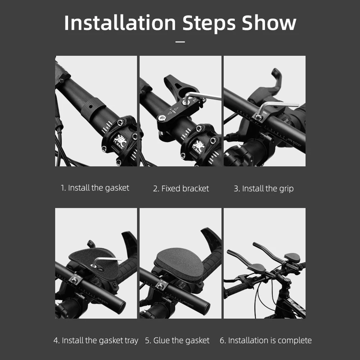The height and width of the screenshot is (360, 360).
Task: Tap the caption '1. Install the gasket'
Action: (95, 188)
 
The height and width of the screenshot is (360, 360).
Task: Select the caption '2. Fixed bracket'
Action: (181, 188)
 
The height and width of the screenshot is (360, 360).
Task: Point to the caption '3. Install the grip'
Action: (264, 188)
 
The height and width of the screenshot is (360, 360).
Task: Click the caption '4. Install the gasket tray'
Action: (96, 340)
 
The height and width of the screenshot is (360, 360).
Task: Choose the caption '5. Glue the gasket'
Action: (177, 340)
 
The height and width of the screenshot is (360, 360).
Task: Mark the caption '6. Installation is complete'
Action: (266, 340)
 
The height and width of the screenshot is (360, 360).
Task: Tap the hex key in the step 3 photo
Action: (281, 105)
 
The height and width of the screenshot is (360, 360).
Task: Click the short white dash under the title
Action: (180, 42)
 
